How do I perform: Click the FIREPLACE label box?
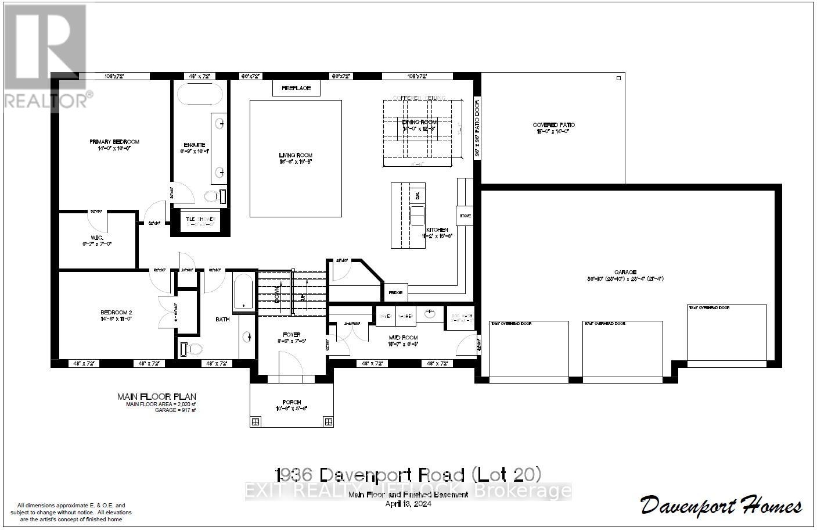pyautogui.click(x=296, y=88)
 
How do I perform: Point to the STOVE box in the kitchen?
pyautogui.click(x=466, y=216)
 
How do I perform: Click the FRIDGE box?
pyautogui.click(x=395, y=292)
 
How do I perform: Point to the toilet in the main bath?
pyautogui.click(x=191, y=349)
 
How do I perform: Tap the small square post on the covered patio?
pyautogui.click(x=618, y=78)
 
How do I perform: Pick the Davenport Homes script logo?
pyautogui.click(x=721, y=505)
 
